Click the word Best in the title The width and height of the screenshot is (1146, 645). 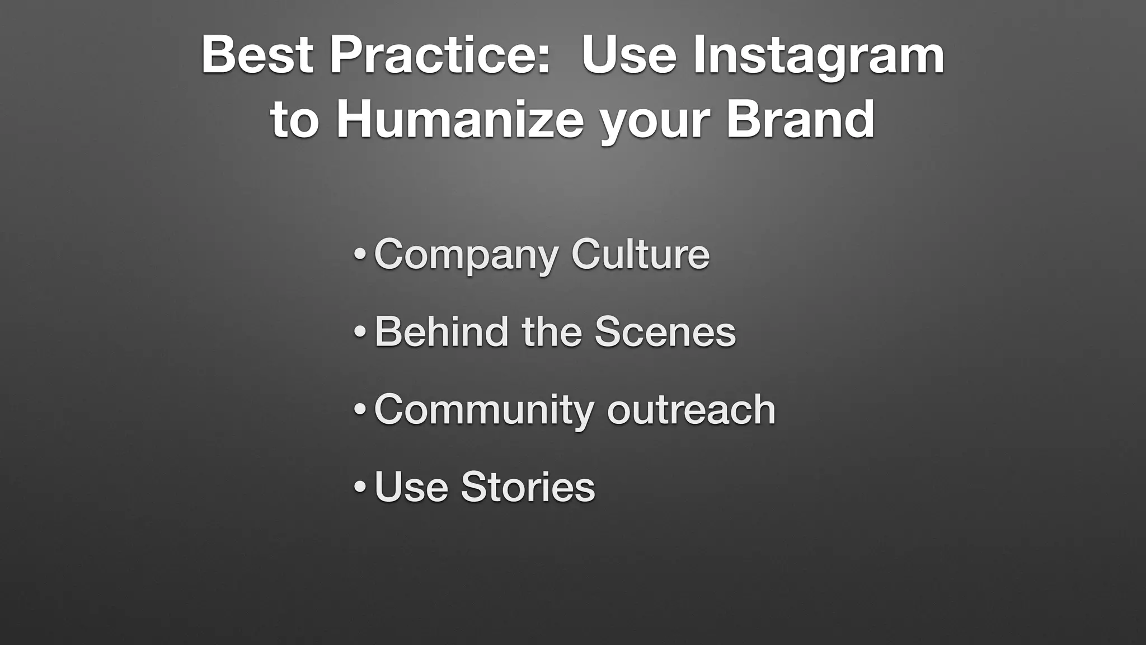pos(257,55)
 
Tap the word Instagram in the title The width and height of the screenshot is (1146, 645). pos(818,56)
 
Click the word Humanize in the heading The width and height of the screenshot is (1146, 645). pos(459,119)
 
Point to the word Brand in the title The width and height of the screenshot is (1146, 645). pos(800,119)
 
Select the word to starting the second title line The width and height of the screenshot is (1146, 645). pos(294,120)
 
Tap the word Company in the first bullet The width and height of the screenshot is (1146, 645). pos(466,255)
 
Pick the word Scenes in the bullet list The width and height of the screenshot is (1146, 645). pos(664,331)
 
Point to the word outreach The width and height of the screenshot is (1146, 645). pos(691,409)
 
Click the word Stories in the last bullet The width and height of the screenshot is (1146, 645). pos(528,486)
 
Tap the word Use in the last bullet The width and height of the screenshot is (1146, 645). pos(411,486)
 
